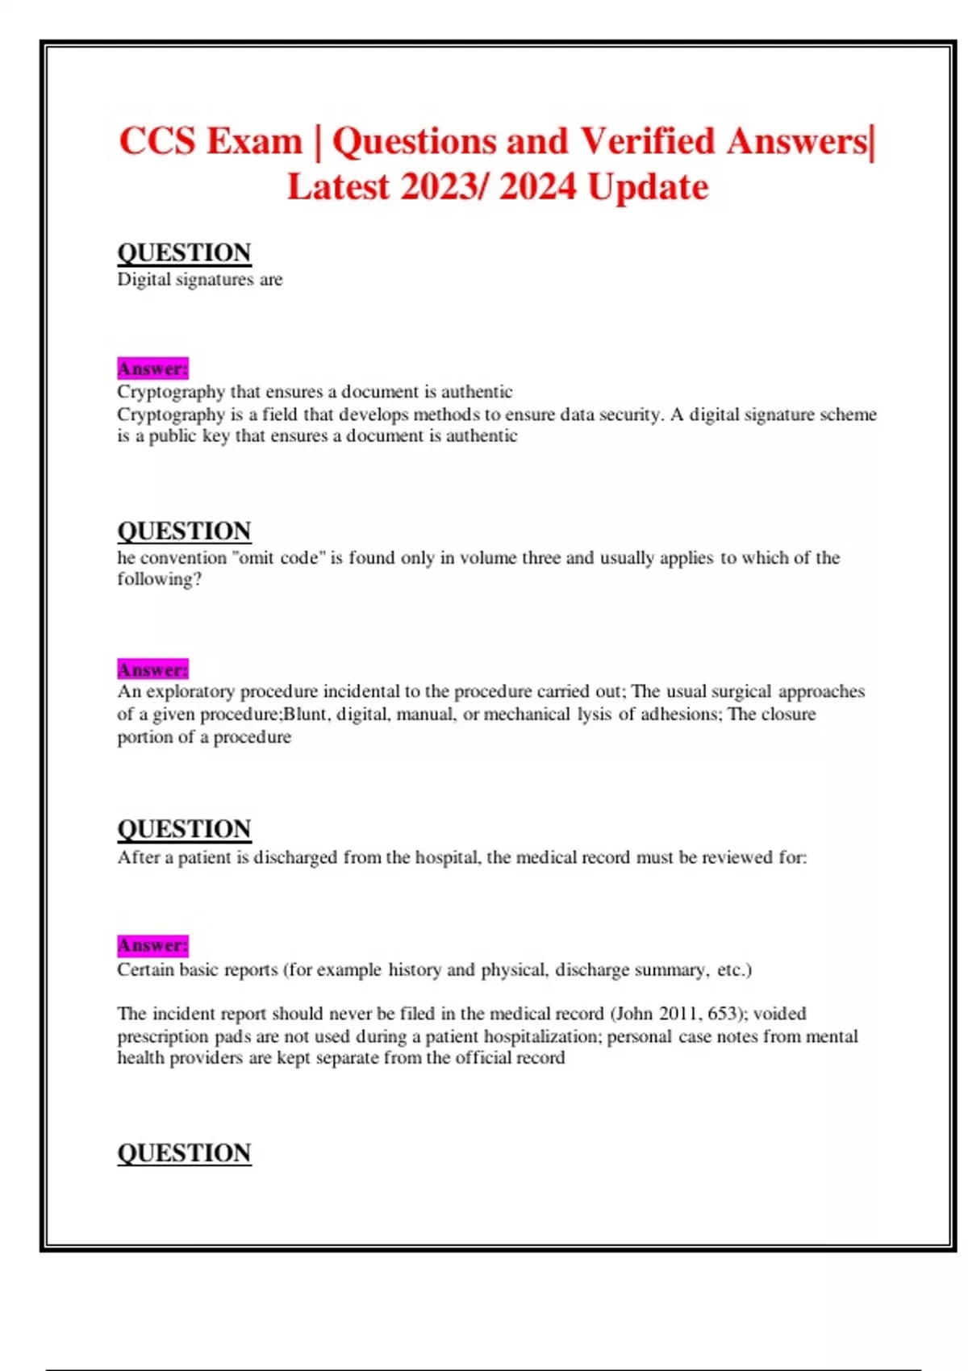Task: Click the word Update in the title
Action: click(648, 188)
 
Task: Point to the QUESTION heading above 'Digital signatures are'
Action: click(184, 253)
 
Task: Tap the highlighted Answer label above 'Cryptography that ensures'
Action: click(152, 369)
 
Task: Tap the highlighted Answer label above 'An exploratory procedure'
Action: click(152, 669)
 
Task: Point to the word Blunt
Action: click(307, 715)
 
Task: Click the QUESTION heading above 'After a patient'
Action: click(184, 830)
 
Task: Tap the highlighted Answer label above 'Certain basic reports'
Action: click(152, 945)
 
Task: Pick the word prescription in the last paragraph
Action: click(163, 1036)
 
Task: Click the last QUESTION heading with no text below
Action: click(184, 1153)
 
